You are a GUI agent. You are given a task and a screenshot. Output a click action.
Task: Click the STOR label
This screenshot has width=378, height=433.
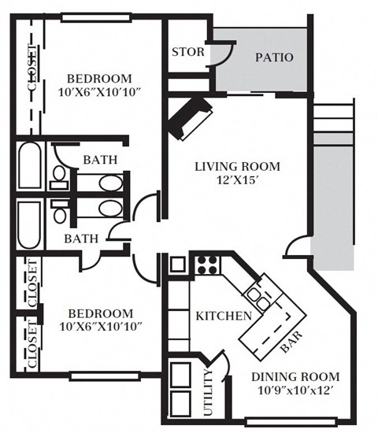(187, 53)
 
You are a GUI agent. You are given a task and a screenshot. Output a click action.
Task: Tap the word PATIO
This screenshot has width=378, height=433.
(275, 57)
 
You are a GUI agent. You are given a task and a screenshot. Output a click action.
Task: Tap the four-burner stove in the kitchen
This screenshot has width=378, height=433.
(206, 264)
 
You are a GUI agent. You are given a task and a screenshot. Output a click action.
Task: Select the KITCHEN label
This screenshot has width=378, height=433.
(224, 316)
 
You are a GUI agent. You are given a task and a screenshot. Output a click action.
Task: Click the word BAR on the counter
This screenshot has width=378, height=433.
(291, 341)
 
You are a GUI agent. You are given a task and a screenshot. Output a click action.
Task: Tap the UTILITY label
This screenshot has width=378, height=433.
(209, 392)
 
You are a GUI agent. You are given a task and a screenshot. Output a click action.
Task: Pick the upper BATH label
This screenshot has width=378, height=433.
(100, 160)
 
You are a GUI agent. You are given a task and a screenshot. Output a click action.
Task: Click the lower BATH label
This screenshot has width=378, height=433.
(81, 239)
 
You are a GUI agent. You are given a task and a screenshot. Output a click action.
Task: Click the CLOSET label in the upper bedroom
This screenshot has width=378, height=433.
(31, 71)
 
